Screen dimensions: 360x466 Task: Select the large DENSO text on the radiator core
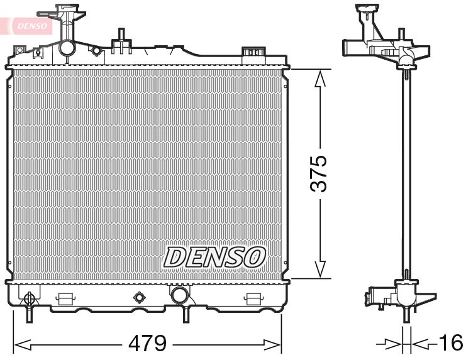click(x=215, y=256)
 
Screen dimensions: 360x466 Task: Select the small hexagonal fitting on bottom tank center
click(x=139, y=297)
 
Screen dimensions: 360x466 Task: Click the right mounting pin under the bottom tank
click(x=186, y=314)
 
